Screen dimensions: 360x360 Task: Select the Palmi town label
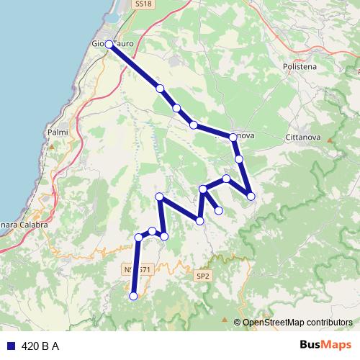coord(57,132)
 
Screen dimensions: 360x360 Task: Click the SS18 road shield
coord(143,4)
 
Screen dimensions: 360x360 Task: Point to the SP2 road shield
coord(202,275)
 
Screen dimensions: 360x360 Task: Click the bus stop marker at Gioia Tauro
coord(109,44)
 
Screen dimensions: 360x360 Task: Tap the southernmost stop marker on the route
coord(132,296)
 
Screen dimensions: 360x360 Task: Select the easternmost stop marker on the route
coord(251,195)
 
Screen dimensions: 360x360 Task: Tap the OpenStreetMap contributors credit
coord(297,322)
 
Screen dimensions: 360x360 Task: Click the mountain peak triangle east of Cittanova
coord(332,140)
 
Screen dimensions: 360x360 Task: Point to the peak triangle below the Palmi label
coord(52,146)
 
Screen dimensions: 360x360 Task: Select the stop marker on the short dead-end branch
coord(218,210)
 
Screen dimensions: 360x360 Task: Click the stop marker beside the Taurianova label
coord(233,137)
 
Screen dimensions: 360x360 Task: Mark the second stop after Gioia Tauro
coord(176,108)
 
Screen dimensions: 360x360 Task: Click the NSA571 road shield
coord(137,269)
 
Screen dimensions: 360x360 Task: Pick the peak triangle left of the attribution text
coord(237,321)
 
